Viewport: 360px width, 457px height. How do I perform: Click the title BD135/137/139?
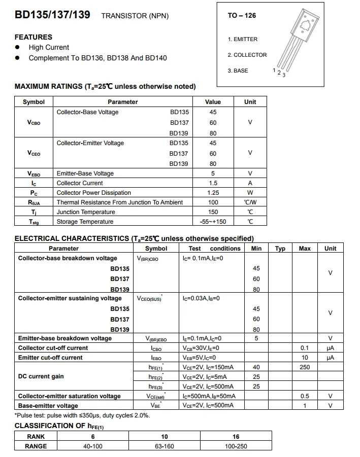point(52,15)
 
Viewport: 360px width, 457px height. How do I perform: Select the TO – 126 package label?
point(242,16)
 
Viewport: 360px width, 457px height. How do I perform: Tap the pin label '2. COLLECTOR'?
point(247,55)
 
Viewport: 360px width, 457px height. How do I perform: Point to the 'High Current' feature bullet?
point(49,47)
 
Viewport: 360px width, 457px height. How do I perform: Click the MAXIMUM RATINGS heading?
point(105,86)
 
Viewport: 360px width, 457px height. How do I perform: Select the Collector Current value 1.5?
point(213,183)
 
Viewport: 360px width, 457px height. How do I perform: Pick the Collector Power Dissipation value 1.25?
point(213,193)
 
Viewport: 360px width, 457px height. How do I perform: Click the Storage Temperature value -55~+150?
point(213,222)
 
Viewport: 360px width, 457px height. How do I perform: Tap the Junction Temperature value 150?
point(213,212)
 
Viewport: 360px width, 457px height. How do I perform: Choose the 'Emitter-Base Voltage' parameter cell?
point(85,173)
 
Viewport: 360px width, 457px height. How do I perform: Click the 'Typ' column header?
point(280,249)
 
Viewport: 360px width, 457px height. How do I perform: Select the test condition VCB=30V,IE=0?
point(201,348)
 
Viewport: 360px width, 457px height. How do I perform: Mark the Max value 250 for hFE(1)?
point(305,367)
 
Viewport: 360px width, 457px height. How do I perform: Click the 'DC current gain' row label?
point(41,376)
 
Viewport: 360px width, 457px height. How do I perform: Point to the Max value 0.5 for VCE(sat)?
point(305,396)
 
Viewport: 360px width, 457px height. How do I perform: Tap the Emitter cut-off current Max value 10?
point(305,358)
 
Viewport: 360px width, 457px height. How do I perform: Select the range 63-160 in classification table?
point(165,446)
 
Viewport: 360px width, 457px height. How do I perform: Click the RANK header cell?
point(36,437)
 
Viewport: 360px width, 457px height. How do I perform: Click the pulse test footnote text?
point(82,415)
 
